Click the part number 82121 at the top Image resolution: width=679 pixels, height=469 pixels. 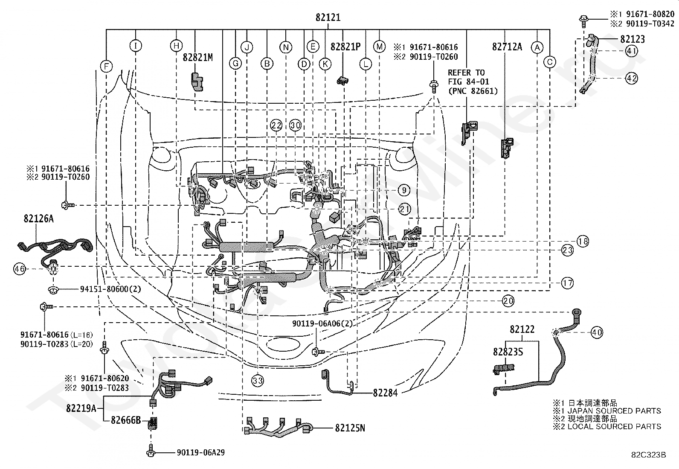(x=328, y=17)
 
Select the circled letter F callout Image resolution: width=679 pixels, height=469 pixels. (x=106, y=67)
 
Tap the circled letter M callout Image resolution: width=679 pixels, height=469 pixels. (x=379, y=47)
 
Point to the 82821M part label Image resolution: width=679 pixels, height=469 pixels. (x=197, y=57)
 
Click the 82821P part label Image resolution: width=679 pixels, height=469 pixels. (x=345, y=47)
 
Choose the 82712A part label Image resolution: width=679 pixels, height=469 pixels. (x=507, y=47)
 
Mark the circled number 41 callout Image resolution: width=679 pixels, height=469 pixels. (x=631, y=51)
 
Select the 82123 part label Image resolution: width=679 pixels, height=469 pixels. (x=633, y=39)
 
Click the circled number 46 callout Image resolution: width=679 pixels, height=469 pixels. (x=20, y=269)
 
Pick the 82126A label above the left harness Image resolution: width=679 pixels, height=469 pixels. (x=39, y=218)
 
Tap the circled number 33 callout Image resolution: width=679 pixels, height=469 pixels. (x=258, y=380)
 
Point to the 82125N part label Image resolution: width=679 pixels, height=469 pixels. (x=350, y=428)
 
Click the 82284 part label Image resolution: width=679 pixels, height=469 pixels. (x=385, y=393)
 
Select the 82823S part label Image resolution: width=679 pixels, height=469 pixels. (x=508, y=352)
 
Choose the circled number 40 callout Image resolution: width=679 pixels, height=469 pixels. (x=597, y=332)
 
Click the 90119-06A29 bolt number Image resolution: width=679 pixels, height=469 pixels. (x=200, y=453)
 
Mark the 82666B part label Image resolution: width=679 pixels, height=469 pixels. (x=126, y=420)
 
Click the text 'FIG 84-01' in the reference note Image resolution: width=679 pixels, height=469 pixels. (x=468, y=82)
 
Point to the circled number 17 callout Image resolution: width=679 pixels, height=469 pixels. (x=567, y=283)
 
